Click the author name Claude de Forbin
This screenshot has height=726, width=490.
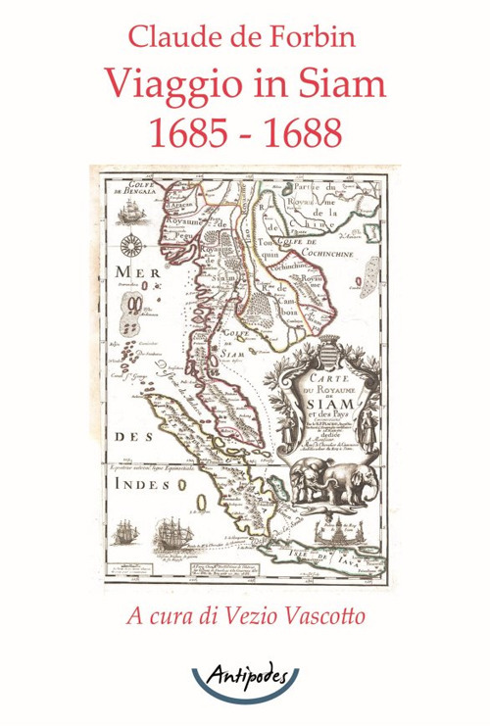244,37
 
